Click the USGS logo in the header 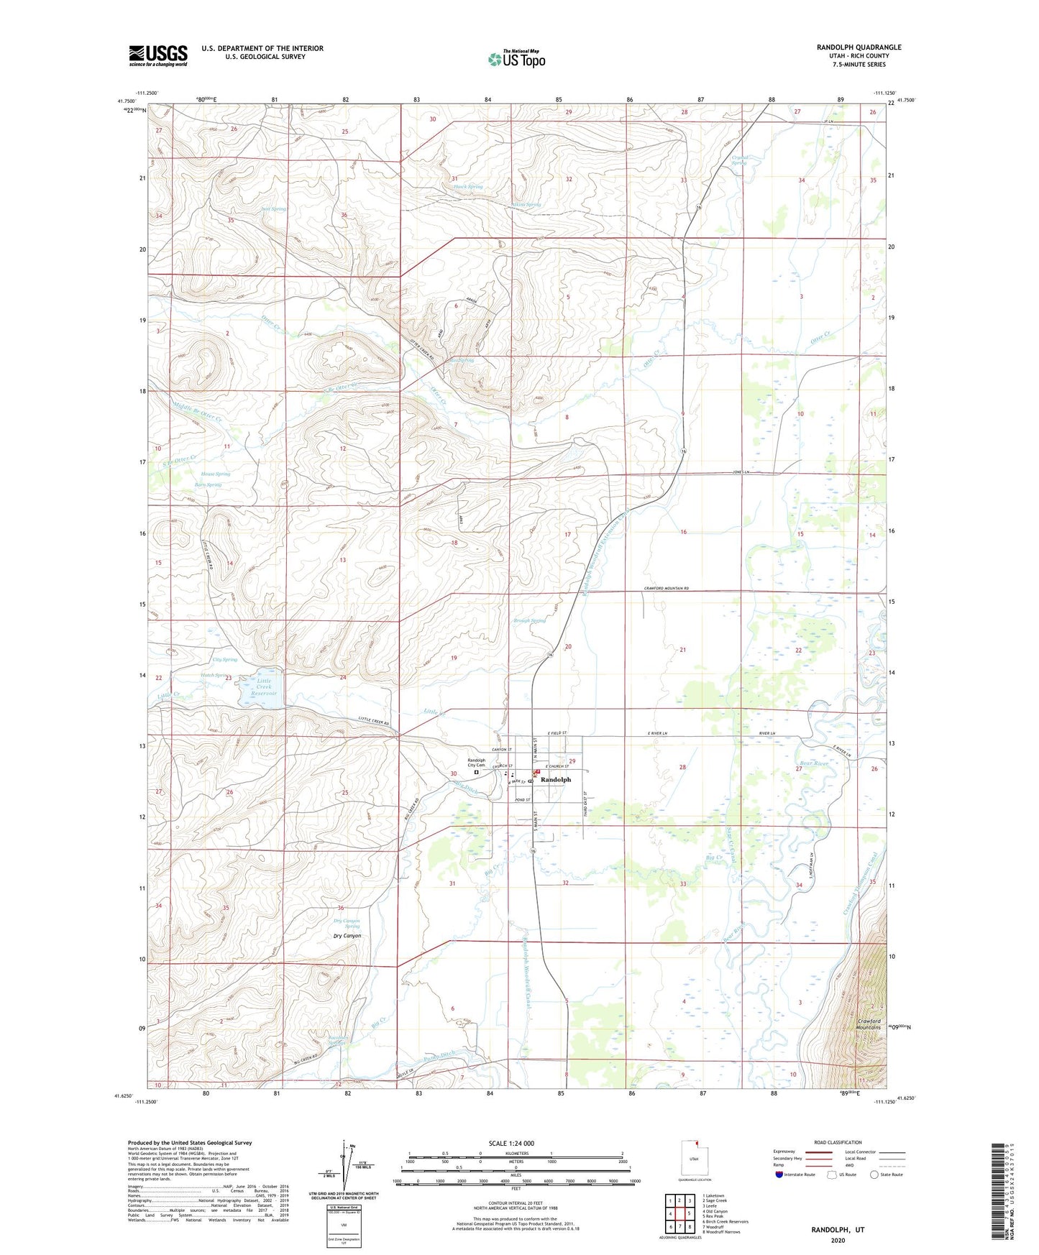(x=157, y=55)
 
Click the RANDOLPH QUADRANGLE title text (x=859, y=47)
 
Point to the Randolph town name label (x=555, y=779)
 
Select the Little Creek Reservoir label (x=265, y=687)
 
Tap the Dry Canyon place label (x=347, y=936)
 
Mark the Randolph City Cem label (x=476, y=763)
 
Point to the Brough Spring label (x=529, y=620)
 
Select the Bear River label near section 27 (x=815, y=763)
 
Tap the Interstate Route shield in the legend (x=779, y=1174)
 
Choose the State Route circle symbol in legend (x=874, y=1174)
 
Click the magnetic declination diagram (x=351, y=1170)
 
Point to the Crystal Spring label (x=739, y=160)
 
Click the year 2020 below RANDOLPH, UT (x=838, y=1240)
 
